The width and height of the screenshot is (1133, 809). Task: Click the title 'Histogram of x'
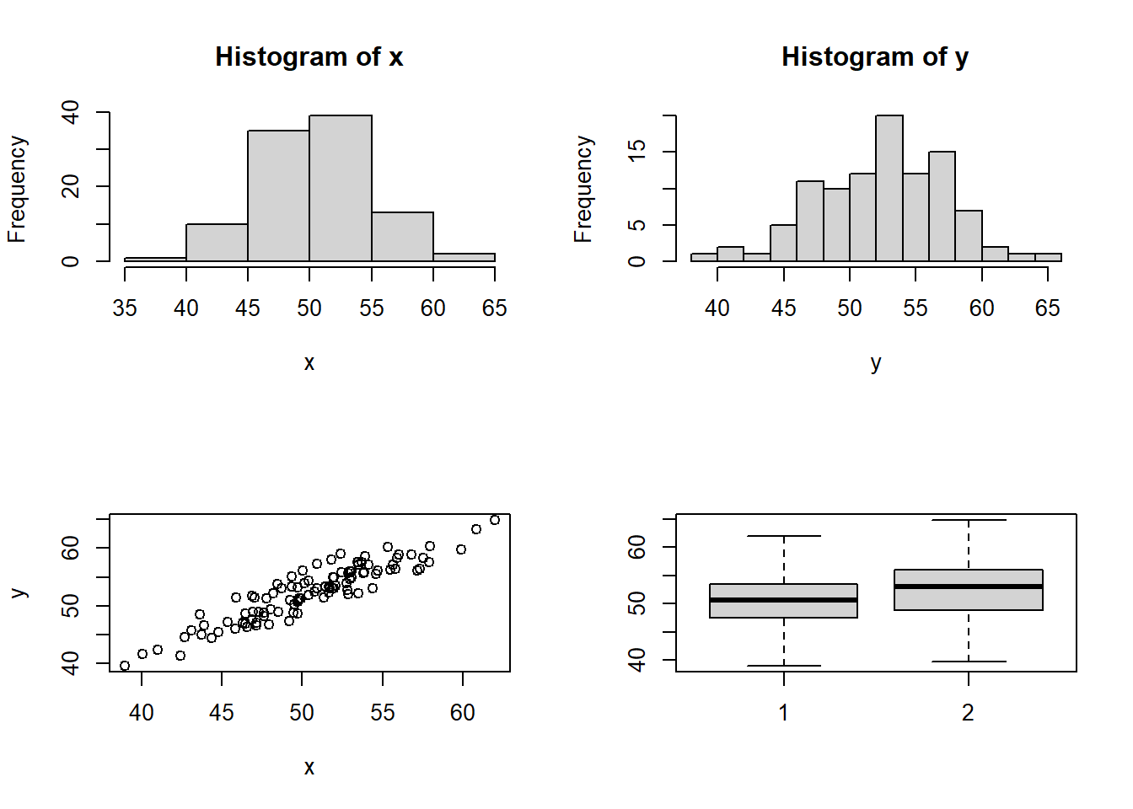(309, 57)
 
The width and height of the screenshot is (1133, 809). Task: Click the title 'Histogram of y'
(875, 57)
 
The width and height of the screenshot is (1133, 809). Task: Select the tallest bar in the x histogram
(341, 189)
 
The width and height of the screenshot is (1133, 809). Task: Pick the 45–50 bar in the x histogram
(278, 196)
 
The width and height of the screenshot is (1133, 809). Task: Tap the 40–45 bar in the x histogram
(217, 243)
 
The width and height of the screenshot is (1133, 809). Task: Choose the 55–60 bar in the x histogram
(402, 237)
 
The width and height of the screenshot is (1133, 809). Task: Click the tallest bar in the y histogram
(889, 189)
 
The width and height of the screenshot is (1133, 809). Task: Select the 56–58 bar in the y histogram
(942, 206)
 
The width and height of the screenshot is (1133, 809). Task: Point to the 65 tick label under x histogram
(495, 308)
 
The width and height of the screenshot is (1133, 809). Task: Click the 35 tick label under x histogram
(125, 308)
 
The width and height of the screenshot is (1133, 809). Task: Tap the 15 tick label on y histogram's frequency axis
(637, 151)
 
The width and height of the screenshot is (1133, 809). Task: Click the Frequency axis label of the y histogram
(583, 190)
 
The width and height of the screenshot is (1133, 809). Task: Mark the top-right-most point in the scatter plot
(495, 520)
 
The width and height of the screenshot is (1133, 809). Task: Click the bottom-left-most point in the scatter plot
(125, 666)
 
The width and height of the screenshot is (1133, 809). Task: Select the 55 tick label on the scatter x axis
(383, 713)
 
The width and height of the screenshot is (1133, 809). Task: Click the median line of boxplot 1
(784, 600)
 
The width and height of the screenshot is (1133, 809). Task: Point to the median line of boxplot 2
(969, 587)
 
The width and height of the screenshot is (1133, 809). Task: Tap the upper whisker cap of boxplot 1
(784, 536)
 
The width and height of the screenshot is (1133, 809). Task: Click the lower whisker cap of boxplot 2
(969, 662)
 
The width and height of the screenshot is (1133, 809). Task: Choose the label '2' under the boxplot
(969, 713)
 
